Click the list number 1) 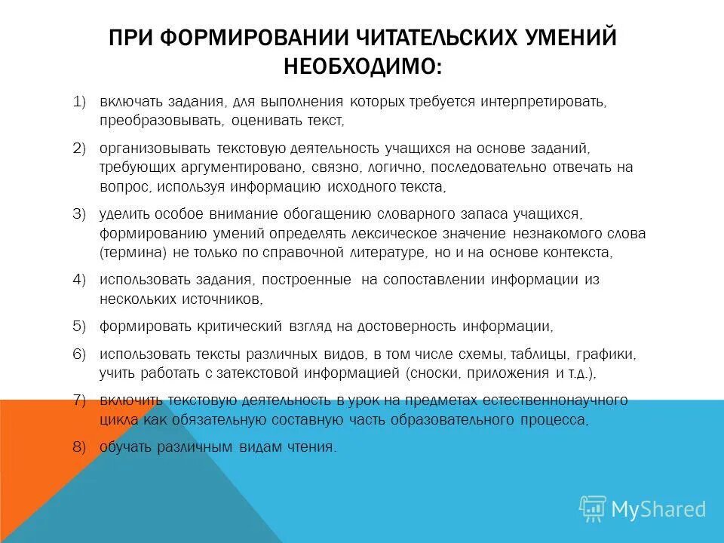(x=81, y=101)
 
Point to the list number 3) (x=81, y=214)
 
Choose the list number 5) (x=81, y=327)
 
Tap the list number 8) (x=81, y=446)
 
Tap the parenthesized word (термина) (x=133, y=252)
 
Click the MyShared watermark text (x=658, y=509)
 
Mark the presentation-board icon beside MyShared (x=593, y=509)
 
